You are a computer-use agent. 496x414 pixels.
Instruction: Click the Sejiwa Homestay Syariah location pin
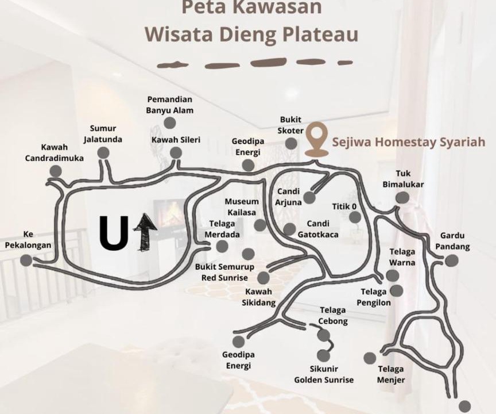pos(317,139)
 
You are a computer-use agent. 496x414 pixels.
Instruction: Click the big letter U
pos(114,232)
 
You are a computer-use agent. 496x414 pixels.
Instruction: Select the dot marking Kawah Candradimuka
pos(56,171)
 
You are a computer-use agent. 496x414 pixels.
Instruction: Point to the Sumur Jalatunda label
pos(103,133)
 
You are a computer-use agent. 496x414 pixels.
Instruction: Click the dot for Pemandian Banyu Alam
pos(170,123)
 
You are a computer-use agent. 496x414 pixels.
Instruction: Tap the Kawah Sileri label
pos(176,140)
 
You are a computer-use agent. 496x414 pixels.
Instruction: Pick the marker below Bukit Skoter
pos(291,144)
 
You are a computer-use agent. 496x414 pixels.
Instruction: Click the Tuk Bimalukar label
pos(403,179)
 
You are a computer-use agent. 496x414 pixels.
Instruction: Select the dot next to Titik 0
pos(355,217)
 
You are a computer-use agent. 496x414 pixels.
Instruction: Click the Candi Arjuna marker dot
pos(309,198)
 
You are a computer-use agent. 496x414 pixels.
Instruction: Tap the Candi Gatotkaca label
pos(318,229)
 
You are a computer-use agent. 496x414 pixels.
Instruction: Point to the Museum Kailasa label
pos(242,207)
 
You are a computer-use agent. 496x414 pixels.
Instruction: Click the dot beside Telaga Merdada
pos(222,246)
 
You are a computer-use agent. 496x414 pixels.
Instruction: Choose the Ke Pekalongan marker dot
pos(26,260)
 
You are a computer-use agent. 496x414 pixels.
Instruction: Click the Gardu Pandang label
pos(452,241)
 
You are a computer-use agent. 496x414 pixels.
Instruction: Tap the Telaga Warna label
pos(402,257)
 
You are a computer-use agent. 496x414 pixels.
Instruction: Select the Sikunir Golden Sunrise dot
pos(324,356)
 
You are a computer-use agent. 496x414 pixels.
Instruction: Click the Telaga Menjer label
pos(391,374)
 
